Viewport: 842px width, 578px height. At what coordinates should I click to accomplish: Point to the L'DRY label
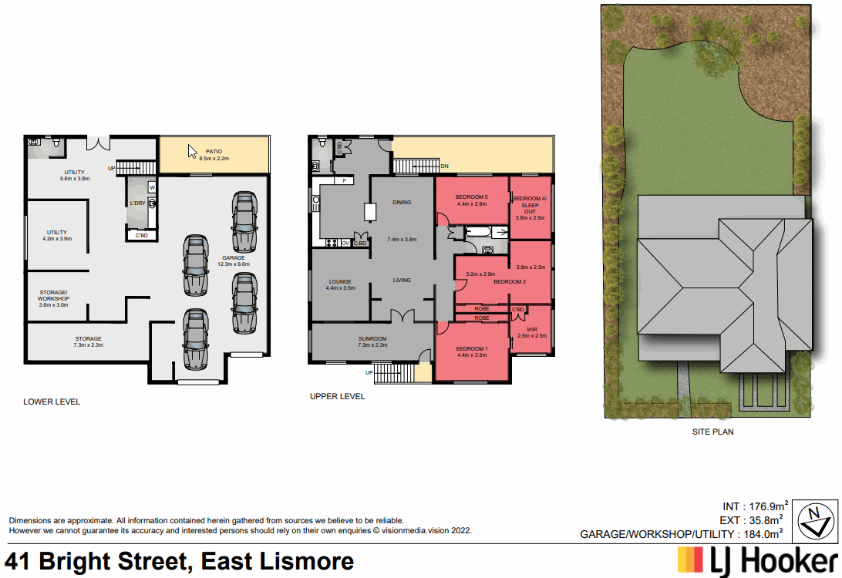coord(137,203)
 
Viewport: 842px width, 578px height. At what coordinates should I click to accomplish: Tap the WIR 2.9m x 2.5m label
coord(532,332)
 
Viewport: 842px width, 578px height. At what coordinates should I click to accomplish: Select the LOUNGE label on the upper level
coord(340,284)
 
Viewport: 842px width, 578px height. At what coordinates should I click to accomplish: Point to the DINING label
coord(402,203)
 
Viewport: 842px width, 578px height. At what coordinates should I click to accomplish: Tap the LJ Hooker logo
coord(756,560)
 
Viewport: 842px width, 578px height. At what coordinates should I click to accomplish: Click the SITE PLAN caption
coord(712,432)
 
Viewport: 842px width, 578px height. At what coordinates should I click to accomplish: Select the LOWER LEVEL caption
coord(52,402)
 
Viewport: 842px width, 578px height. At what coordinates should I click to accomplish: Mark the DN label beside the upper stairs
coord(444,166)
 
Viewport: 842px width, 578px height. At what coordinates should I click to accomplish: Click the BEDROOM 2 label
coord(509,282)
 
